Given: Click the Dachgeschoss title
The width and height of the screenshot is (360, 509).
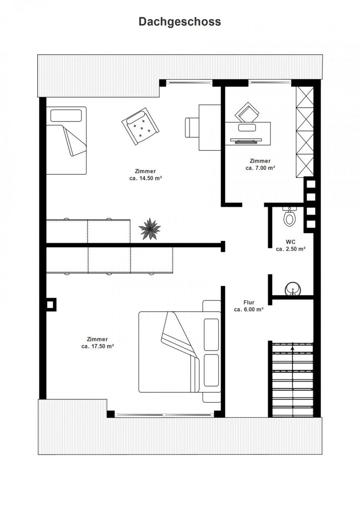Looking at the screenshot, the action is click(180, 22).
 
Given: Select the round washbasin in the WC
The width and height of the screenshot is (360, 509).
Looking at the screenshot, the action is click(293, 289).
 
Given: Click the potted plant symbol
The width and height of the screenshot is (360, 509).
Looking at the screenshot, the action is click(149, 229).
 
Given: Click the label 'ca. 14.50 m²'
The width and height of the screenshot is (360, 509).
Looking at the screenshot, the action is click(146, 178).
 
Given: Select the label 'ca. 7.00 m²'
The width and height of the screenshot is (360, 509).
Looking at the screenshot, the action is click(260, 168).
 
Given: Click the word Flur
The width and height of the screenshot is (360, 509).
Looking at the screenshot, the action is click(249, 303).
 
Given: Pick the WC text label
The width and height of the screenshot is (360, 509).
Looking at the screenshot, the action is click(290, 242).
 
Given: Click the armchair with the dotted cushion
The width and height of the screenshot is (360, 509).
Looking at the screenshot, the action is click(140, 126).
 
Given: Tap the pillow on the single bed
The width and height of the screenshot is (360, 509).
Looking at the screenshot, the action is click(66, 116).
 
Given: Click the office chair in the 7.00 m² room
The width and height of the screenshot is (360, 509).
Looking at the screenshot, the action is click(247, 113).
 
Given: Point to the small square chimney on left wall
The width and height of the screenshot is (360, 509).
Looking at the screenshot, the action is click(50, 304).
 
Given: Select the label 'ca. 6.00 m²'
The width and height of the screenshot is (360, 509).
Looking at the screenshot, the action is click(249, 310).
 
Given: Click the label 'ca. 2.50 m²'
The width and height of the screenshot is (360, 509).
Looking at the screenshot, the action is click(291, 249).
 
